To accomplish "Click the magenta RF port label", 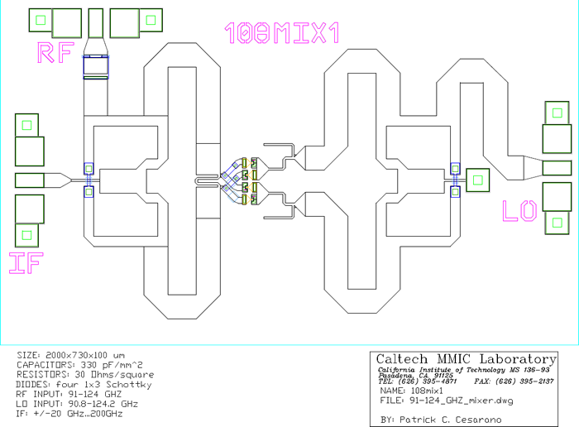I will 55,53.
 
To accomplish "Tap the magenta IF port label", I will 26,262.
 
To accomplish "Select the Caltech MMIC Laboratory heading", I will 466,359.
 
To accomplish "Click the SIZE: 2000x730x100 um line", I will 73,355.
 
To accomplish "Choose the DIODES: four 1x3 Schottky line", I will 82,385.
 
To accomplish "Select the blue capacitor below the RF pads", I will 97,66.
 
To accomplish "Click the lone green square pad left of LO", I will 477,179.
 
